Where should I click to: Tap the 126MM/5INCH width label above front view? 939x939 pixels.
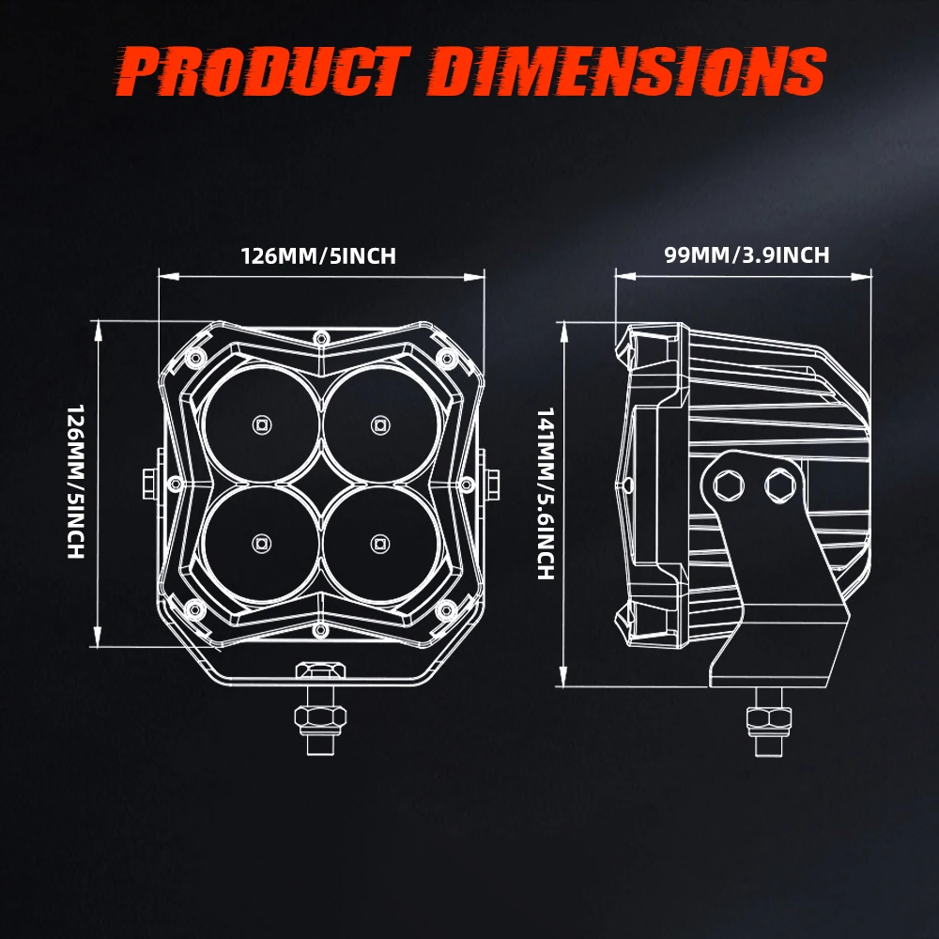coord(319,255)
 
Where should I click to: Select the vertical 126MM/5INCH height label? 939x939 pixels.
coord(76,482)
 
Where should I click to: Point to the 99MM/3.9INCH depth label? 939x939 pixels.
coord(747,254)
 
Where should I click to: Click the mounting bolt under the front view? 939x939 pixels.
coord(320,718)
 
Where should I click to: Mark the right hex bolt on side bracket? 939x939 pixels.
coord(778,485)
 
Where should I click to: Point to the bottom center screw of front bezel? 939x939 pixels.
coord(320,627)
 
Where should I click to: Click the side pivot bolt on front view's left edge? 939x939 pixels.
coord(149,483)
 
